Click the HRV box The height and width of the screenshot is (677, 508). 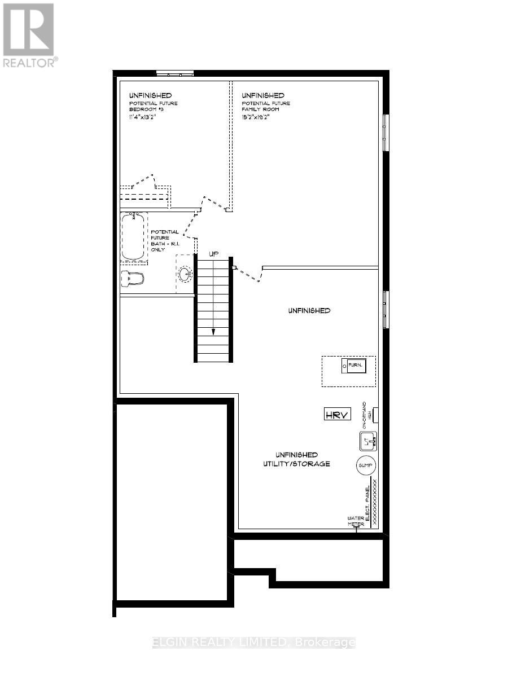(338, 415)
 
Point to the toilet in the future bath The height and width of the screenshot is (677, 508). (133, 278)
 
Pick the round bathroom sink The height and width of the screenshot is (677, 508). (185, 274)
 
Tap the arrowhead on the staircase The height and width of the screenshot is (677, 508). (213, 332)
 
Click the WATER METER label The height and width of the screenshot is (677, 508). (356, 521)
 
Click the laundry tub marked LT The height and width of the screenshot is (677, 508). (368, 440)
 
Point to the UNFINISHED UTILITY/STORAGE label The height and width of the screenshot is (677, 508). (303, 459)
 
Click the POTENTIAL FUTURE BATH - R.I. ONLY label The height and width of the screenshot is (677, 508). (164, 240)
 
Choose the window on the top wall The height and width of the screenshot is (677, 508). (174, 73)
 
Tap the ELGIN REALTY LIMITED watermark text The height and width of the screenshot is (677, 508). (254, 643)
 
